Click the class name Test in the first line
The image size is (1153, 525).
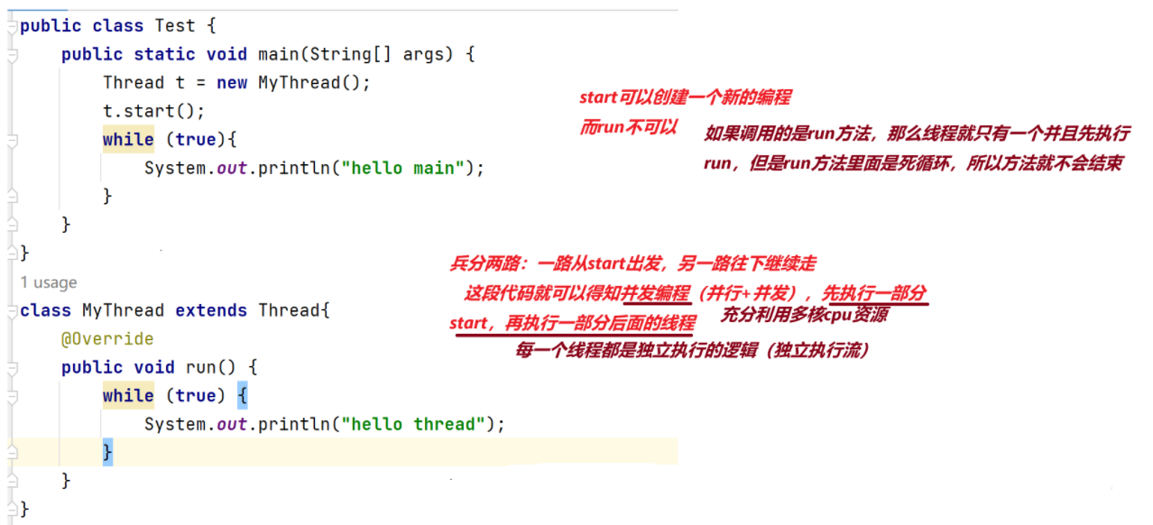pyautogui.click(x=175, y=25)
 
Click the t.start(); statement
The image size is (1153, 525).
pyautogui.click(x=154, y=111)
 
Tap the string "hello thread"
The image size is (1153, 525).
pyautogui.click(x=422, y=424)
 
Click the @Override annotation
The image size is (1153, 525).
pyautogui.click(x=107, y=339)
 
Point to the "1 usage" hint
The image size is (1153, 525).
pyautogui.click(x=49, y=282)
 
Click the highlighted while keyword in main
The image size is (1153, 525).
pyautogui.click(x=128, y=140)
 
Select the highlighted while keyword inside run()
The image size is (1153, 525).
pyautogui.click(x=128, y=396)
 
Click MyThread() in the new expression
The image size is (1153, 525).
pyautogui.click(x=314, y=83)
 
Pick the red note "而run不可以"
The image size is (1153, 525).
pyautogui.click(x=628, y=127)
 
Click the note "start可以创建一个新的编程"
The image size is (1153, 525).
pyautogui.click(x=685, y=97)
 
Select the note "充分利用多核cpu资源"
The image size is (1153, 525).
pyautogui.click(x=804, y=315)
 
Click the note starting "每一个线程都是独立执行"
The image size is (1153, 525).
pyautogui.click(x=693, y=350)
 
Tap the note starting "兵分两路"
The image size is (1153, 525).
pyautogui.click(x=632, y=263)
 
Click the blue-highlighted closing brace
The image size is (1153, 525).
pyautogui.click(x=107, y=451)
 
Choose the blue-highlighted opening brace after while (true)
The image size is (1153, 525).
pyautogui.click(x=242, y=396)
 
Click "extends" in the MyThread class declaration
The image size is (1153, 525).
pyautogui.click(x=211, y=310)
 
